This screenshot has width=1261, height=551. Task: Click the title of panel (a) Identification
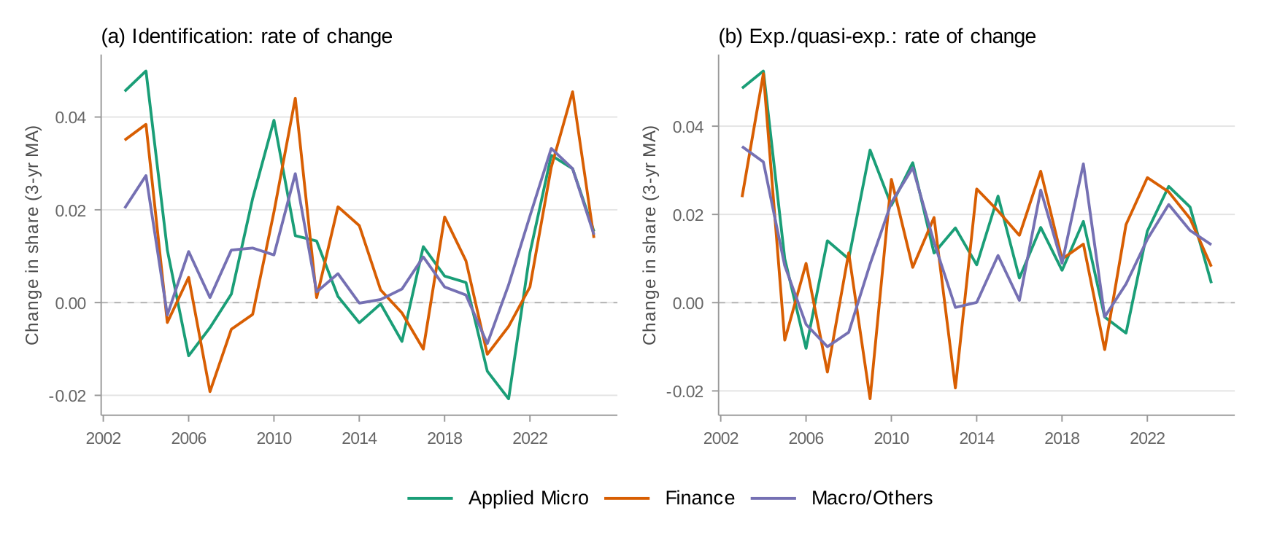(247, 36)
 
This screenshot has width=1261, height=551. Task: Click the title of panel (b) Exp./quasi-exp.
(876, 36)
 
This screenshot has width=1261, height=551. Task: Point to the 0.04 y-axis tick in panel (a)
(71, 117)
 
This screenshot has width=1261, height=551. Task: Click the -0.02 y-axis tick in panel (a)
(67, 396)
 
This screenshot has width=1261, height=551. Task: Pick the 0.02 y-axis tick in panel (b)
(688, 215)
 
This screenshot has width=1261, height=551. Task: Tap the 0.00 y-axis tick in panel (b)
(688, 303)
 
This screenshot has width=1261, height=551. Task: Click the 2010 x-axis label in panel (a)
(274, 438)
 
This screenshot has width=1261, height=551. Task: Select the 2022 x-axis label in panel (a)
(530, 438)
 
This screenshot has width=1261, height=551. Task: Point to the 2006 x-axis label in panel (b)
(806, 438)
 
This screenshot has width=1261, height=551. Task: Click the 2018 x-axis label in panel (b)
(1062, 438)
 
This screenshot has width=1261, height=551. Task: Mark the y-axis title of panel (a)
(32, 235)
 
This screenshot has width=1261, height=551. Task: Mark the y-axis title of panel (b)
(649, 235)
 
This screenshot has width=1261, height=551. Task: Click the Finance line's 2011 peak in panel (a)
(295, 98)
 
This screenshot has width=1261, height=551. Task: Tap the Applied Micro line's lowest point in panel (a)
(508, 399)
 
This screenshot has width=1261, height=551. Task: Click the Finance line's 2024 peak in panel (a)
(572, 92)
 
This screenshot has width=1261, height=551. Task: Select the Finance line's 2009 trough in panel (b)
(870, 399)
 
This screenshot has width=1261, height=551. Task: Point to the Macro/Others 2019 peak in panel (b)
(1084, 164)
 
